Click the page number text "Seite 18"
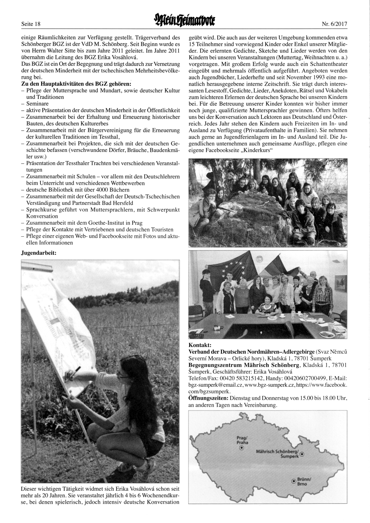coord(31,24)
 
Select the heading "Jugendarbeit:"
coord(39,253)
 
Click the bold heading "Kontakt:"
coord(200,345)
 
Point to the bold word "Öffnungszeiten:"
coord(208,398)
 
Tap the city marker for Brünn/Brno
coord(294,481)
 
